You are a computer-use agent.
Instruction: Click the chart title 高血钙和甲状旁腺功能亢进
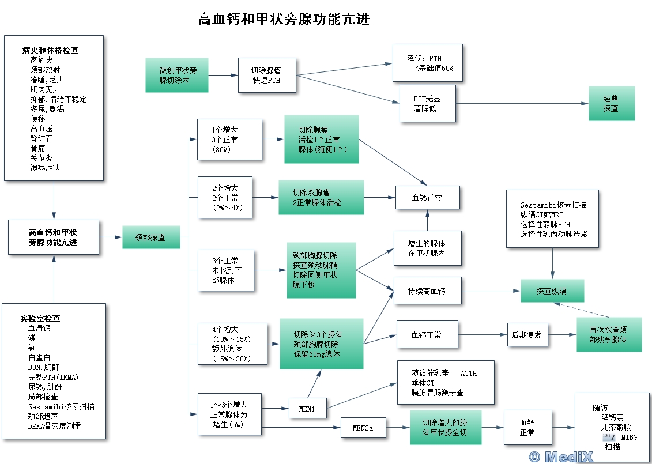point(283,19)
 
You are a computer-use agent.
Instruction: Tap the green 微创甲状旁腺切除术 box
point(178,76)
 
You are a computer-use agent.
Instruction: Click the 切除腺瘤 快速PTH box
point(267,76)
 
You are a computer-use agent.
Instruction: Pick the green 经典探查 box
point(611,104)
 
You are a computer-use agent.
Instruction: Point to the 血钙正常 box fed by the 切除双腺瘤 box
point(427,198)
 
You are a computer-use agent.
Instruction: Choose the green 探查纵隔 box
point(552,291)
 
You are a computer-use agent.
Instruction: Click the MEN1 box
point(307,409)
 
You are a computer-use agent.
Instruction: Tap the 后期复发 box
point(527,334)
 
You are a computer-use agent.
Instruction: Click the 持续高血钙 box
point(427,291)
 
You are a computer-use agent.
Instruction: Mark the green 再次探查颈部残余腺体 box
point(608,335)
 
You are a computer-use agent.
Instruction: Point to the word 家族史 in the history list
point(42,60)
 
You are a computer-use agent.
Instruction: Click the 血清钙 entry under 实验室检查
point(39,328)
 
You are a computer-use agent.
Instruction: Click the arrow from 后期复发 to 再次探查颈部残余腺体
point(563,334)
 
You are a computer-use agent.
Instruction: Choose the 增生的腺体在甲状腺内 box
point(427,248)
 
